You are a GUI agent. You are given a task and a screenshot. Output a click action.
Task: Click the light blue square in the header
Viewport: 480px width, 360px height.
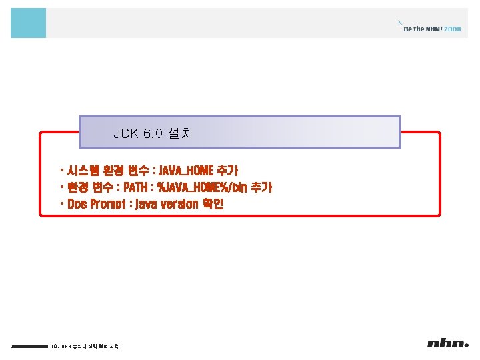pos(28,23)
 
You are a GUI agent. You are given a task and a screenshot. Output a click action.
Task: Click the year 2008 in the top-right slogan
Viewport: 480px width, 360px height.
pos(452,29)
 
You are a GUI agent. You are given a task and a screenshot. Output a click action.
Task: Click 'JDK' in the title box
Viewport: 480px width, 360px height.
pos(126,133)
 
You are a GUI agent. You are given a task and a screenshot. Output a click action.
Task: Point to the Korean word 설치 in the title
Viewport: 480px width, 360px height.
pos(181,133)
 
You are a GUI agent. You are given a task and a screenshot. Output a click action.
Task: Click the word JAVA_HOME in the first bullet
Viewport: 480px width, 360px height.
pos(182,171)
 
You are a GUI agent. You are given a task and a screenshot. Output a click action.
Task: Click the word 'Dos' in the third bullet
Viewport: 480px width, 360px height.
pos(77,204)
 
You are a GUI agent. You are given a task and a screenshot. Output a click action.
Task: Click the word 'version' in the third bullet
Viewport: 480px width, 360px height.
pos(176,204)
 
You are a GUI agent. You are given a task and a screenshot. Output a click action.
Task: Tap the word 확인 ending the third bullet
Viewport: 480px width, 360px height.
pos(213,204)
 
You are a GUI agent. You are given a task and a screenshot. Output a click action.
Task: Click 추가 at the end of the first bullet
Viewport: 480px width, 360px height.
pos(227,171)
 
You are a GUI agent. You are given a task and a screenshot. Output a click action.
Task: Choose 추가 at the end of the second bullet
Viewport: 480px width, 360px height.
pos(261,187)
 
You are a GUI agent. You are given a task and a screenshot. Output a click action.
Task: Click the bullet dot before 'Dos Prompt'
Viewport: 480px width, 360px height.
pos(61,203)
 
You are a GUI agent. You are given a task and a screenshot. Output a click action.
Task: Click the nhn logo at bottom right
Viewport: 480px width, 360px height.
pos(448,344)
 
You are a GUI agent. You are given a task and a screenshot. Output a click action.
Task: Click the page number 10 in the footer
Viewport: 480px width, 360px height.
pos(53,346)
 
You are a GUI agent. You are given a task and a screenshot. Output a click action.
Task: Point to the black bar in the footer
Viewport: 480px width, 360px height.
pos(29,346)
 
